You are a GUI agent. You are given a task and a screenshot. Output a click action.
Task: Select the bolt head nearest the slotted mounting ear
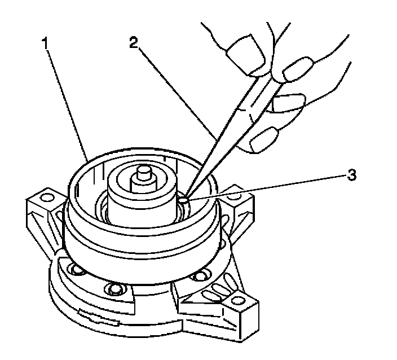199,277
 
